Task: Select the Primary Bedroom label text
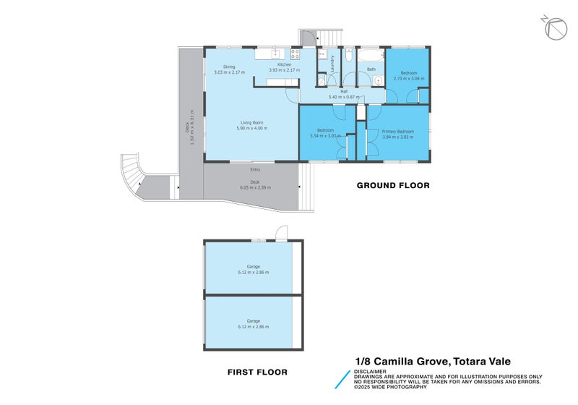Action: [397, 131]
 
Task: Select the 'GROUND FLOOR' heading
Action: [393, 186]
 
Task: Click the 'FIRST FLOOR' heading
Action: [257, 372]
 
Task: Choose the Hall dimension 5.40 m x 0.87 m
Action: [343, 97]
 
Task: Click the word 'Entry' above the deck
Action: [255, 169]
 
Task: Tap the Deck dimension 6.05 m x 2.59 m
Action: [254, 187]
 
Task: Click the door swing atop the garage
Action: [280, 233]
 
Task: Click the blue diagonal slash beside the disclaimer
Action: [341, 381]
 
